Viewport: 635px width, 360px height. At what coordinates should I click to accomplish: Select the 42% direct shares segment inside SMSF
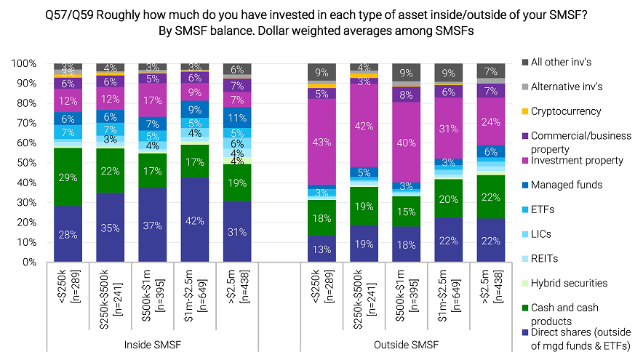pyautogui.click(x=195, y=220)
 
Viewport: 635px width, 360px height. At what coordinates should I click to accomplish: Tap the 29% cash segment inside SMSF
pyautogui.click(x=68, y=177)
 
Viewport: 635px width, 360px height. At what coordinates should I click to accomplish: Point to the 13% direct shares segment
pyautogui.click(x=322, y=249)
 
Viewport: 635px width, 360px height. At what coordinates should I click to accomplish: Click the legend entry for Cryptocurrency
pyautogui.click(x=567, y=111)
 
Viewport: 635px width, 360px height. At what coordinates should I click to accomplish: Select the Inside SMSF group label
pyautogui.click(x=153, y=344)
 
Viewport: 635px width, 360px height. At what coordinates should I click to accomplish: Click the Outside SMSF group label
pyautogui.click(x=407, y=344)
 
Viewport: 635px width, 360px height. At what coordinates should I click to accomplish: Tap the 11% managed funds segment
pyautogui.click(x=237, y=117)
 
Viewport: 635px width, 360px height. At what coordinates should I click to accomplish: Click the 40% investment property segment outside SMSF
pyautogui.click(x=407, y=143)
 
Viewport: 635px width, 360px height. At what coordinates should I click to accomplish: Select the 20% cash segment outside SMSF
pyautogui.click(x=450, y=199)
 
